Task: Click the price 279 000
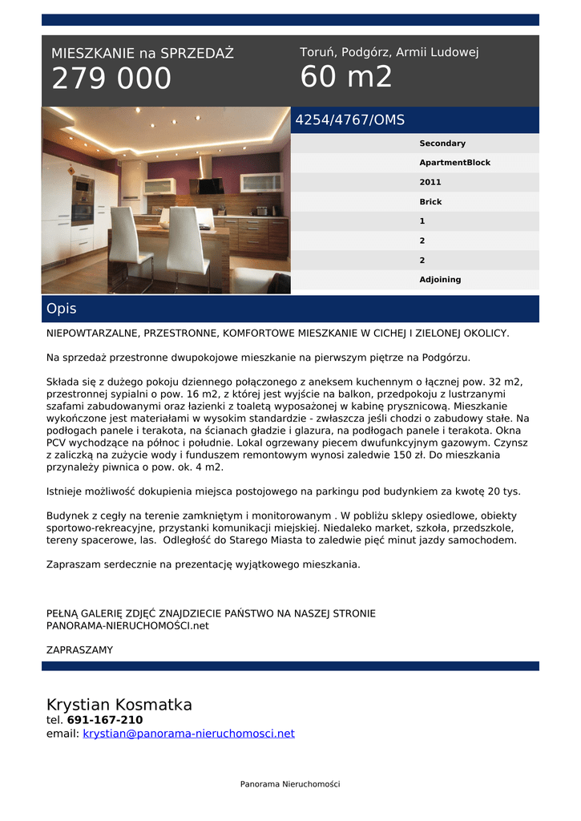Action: pyautogui.click(x=111, y=79)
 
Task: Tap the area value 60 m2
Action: pyautogui.click(x=346, y=77)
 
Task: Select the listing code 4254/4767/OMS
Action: pyautogui.click(x=350, y=120)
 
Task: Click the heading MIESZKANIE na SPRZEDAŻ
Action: pyautogui.click(x=143, y=54)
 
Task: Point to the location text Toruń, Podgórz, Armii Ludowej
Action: pyautogui.click(x=389, y=52)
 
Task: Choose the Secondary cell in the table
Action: pyautogui.click(x=442, y=144)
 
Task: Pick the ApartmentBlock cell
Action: pyautogui.click(x=454, y=163)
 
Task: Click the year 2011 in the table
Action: pyautogui.click(x=430, y=183)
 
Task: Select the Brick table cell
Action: pyautogui.click(x=430, y=202)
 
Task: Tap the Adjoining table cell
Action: pyautogui.click(x=440, y=280)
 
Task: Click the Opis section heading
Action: pyautogui.click(x=62, y=309)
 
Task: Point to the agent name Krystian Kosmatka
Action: pyautogui.click(x=119, y=705)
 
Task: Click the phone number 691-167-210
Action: pyautogui.click(x=105, y=720)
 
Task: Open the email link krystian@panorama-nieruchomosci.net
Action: pyautogui.click(x=188, y=734)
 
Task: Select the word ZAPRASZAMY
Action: pyautogui.click(x=79, y=650)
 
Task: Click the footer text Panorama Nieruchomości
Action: pyautogui.click(x=290, y=784)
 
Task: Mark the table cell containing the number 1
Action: pyautogui.click(x=422, y=221)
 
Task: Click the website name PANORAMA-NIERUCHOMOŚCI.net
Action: pyautogui.click(x=127, y=625)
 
